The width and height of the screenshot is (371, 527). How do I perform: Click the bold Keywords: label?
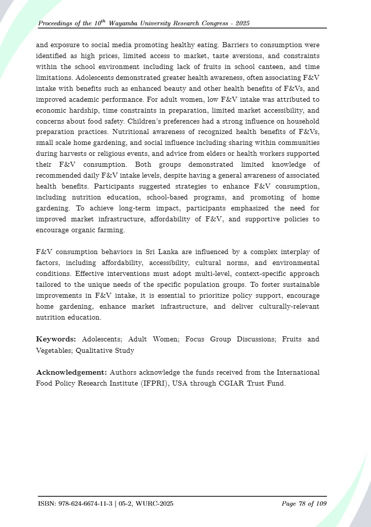pyautogui.click(x=56, y=339)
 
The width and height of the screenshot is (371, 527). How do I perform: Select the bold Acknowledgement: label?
pyautogui.click(x=72, y=372)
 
